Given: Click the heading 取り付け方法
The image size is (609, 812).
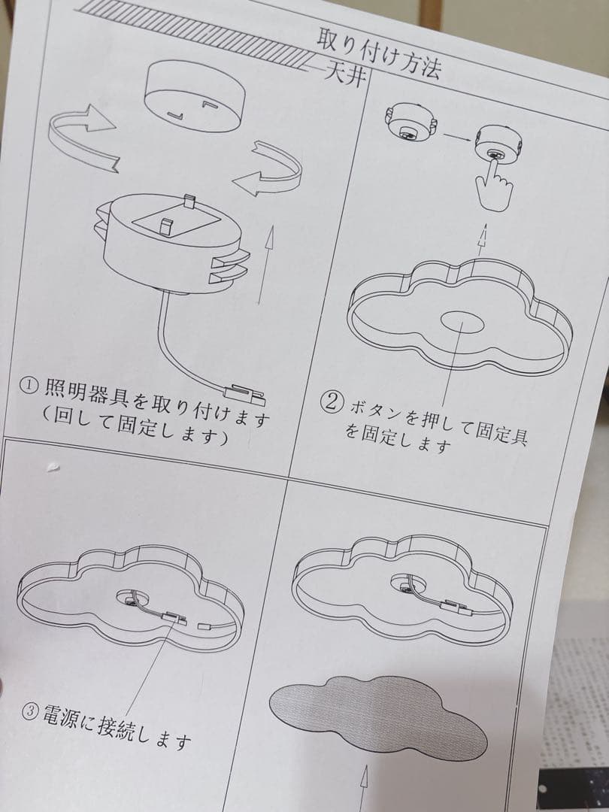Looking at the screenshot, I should click(380, 50).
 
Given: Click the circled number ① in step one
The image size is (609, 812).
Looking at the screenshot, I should click(27, 385).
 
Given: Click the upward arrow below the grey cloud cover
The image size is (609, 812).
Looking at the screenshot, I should click(368, 786).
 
